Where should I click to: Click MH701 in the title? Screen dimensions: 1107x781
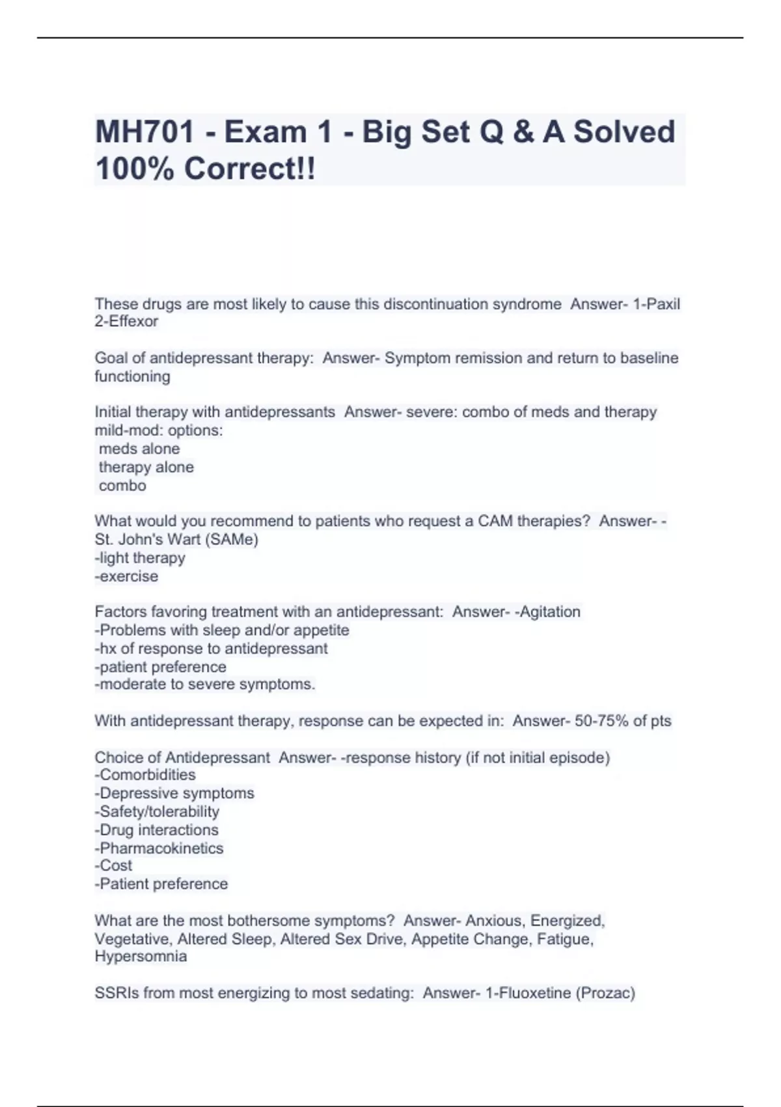tap(145, 132)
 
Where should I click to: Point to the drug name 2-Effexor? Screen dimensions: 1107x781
tap(126, 322)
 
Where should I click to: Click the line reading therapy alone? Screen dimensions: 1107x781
tap(146, 468)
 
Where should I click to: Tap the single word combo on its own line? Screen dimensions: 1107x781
tap(122, 486)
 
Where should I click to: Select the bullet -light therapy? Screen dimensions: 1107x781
tap(140, 558)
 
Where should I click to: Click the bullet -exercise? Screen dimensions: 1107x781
tap(126, 576)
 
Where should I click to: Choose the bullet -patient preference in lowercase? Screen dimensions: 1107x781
tap(161, 667)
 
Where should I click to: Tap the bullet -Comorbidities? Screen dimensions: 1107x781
tap(145, 775)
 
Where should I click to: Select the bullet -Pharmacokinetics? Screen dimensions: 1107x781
tap(159, 848)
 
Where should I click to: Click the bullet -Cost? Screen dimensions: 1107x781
tap(113, 865)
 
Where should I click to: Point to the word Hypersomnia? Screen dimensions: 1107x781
tap(141, 957)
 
